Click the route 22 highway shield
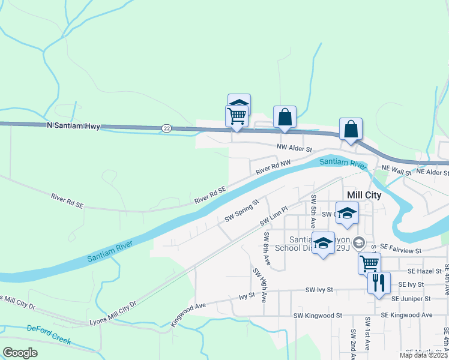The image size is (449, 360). click(166, 128)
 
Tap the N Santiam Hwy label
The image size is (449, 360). click(73, 125)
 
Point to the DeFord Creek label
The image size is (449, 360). click(49, 335)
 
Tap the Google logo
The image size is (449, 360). click(20, 353)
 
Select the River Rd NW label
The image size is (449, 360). click(273, 167)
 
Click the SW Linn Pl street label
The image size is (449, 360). click(274, 217)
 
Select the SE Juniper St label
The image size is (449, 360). click(411, 298)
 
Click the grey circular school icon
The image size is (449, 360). click(359, 242)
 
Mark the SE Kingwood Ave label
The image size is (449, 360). click(411, 315)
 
